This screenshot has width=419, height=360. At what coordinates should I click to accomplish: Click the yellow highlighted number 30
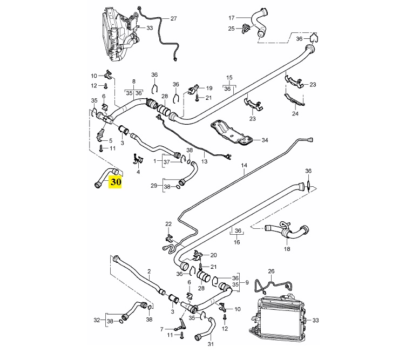pos(115,182)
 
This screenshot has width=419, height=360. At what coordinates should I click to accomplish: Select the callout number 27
pos(174,18)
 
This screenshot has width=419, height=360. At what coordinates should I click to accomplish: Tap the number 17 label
pos(232,17)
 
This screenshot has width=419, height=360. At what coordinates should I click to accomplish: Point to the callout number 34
pos(265,140)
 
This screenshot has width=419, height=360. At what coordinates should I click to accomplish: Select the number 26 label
pos(272,271)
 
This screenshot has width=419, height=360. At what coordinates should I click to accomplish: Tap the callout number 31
pos(211,344)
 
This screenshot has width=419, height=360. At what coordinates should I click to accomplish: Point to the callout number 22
pos(168,223)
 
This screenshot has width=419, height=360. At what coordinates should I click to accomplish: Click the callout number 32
pos(97,320)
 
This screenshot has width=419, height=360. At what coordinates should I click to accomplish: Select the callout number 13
pos(204,161)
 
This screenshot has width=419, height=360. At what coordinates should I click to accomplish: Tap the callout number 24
pos(295,114)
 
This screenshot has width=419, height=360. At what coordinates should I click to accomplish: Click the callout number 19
pos(209,88)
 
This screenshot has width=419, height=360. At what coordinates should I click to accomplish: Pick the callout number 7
pos(161,329)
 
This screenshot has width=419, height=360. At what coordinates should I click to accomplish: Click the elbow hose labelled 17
pos(265,26)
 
